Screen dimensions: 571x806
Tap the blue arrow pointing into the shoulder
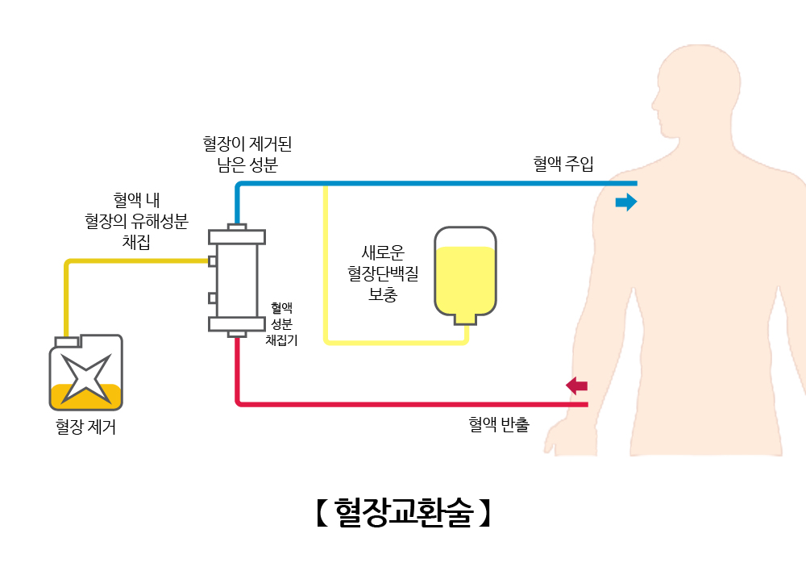point(625,202)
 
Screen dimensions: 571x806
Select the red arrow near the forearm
point(577,386)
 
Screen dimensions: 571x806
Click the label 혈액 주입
point(563,165)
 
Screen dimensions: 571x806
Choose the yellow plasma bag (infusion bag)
point(465,272)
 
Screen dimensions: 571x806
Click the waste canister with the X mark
point(85,373)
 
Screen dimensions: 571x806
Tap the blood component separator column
point(236,280)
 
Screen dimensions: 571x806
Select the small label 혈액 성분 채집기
point(281,323)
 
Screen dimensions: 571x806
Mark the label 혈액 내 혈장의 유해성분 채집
point(136,219)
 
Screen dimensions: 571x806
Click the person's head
point(696,89)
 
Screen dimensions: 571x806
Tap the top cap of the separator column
point(236,235)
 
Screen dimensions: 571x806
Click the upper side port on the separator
point(212,260)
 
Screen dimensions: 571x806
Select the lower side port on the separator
point(212,298)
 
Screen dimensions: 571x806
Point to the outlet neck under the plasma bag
point(465,319)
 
